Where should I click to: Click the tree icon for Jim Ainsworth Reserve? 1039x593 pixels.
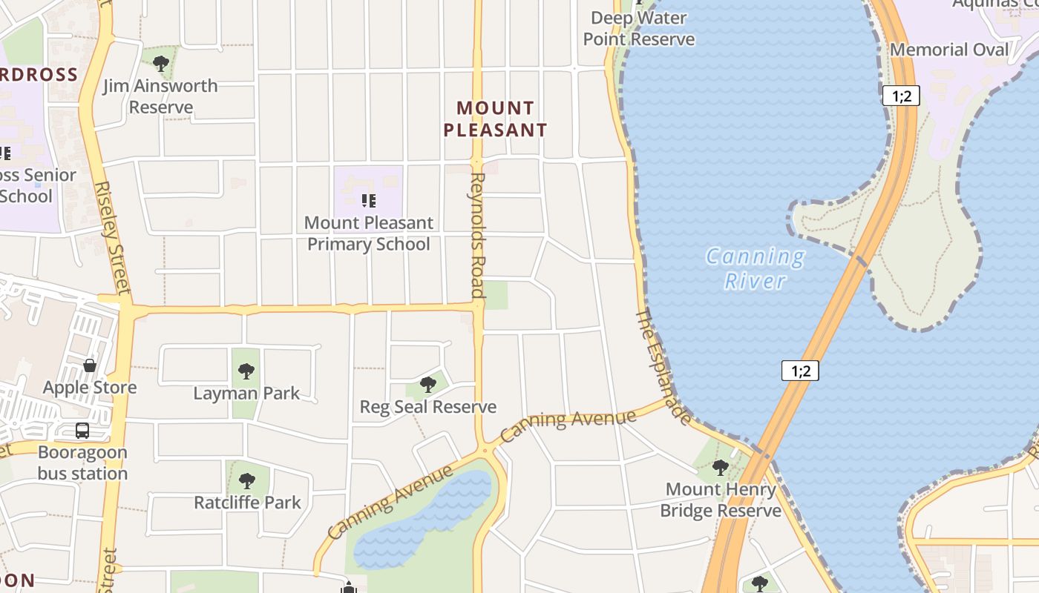tap(161, 63)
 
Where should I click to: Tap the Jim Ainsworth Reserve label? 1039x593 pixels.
tap(160, 96)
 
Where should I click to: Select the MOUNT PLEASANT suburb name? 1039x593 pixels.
tap(495, 119)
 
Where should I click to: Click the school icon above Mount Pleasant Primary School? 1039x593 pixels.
tap(368, 200)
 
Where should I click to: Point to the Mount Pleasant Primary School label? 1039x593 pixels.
tap(369, 233)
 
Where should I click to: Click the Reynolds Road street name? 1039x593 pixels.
tap(477, 235)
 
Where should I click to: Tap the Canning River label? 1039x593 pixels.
tap(756, 268)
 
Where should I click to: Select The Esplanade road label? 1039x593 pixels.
tap(663, 367)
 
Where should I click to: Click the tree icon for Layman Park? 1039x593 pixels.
tap(246, 371)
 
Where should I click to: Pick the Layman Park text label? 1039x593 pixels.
tap(246, 393)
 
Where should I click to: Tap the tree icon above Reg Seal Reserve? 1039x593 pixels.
tap(427, 384)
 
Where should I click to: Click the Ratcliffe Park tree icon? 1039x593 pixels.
tap(247, 480)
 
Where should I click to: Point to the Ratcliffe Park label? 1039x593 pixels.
tap(247, 503)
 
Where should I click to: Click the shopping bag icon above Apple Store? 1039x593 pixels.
tap(90, 365)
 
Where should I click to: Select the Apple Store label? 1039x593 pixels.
tap(90, 388)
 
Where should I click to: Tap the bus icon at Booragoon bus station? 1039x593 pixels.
tap(82, 431)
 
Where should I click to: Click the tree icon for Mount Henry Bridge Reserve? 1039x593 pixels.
tap(720, 468)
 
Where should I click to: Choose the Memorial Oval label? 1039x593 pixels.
tap(949, 50)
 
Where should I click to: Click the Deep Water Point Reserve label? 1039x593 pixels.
tap(639, 28)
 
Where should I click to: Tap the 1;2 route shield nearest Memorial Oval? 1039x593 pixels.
tap(901, 95)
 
